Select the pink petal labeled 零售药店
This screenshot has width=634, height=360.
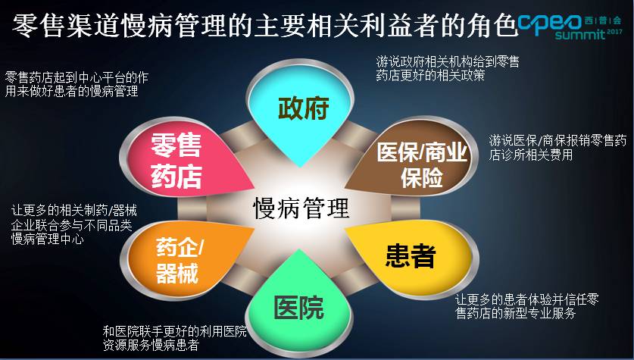pos(176,159)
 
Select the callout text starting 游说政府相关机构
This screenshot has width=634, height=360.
pos(453,67)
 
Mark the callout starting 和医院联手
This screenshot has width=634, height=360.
pos(174,338)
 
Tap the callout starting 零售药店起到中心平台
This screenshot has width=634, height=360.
pos(76,83)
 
